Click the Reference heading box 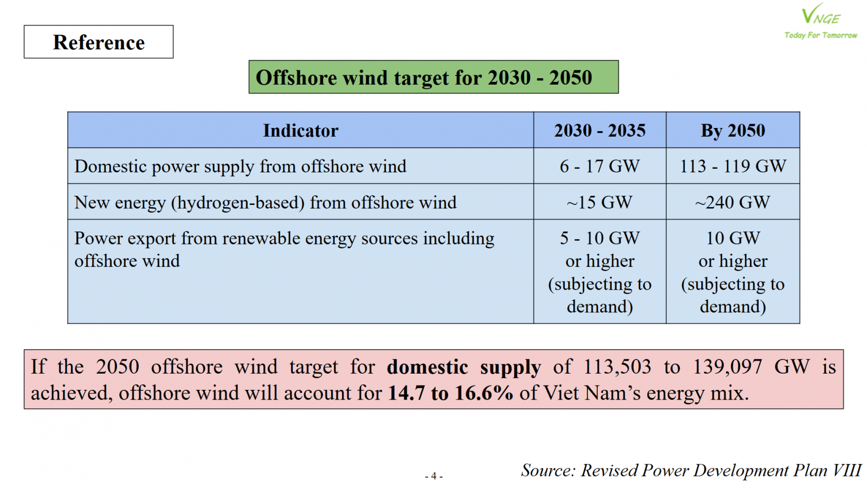(x=99, y=42)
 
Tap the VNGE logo (x=820, y=14)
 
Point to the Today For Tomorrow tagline (x=820, y=35)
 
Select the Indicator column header (x=301, y=131)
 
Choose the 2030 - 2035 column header (x=600, y=131)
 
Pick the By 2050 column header (x=733, y=131)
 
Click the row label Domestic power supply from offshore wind (x=241, y=166)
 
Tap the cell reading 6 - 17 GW (x=599, y=166)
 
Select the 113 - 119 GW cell (x=733, y=166)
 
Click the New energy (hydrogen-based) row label (x=266, y=203)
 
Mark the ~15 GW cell (x=599, y=203)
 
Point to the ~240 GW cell (x=733, y=203)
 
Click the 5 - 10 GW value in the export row (x=599, y=238)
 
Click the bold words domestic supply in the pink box (x=464, y=367)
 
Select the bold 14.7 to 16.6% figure (x=450, y=393)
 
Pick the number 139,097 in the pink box (x=727, y=367)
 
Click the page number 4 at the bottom (x=433, y=476)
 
